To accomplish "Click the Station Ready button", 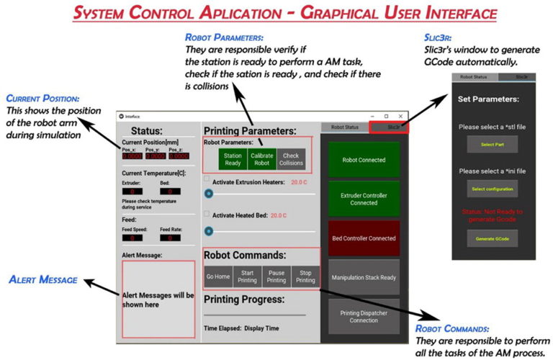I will pyautogui.click(x=233, y=158).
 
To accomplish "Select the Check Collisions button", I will pyautogui.click(x=291, y=158).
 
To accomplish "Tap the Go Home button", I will pyautogui.click(x=218, y=276).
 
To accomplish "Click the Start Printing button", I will pyautogui.click(x=248, y=276).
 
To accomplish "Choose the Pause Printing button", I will pyautogui.click(x=276, y=276).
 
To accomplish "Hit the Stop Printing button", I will pyautogui.click(x=305, y=276).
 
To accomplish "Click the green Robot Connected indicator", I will pyautogui.click(x=364, y=160).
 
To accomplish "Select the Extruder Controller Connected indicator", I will pyautogui.click(x=364, y=198).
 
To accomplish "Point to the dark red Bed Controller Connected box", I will pyautogui.click(x=364, y=238).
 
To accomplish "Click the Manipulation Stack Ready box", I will pyautogui.click(x=364, y=277).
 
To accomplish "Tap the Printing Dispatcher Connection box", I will pyautogui.click(x=364, y=316).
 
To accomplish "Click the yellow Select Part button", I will pyautogui.click(x=492, y=145).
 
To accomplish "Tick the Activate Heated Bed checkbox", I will pyautogui.click(x=207, y=215).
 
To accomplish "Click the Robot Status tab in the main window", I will pyautogui.click(x=344, y=127).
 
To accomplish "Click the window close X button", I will pyautogui.click(x=401, y=115).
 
